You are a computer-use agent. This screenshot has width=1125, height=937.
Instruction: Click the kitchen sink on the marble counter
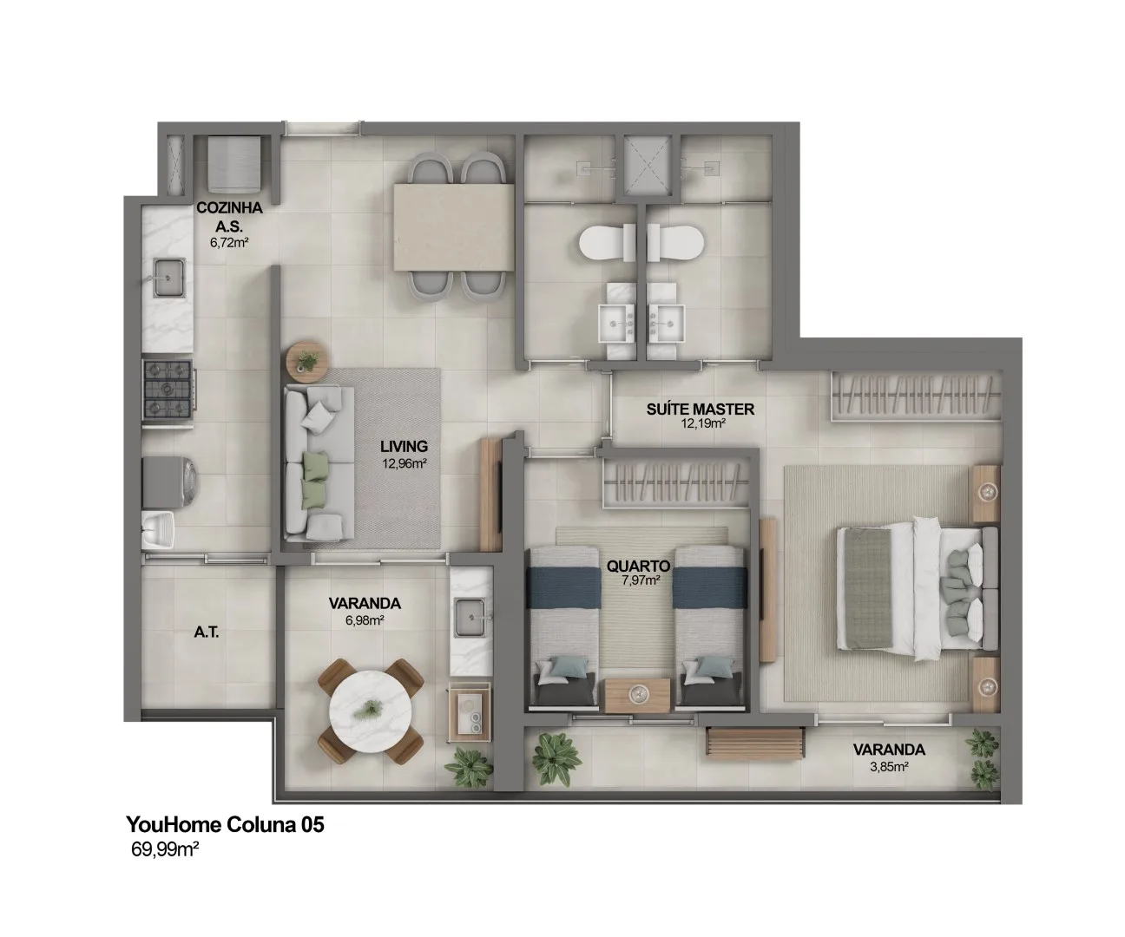pyautogui.click(x=170, y=278)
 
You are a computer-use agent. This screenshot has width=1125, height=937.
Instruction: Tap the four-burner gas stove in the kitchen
pyautogui.click(x=168, y=390)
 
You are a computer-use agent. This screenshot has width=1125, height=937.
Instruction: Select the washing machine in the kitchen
pyautogui.click(x=170, y=482)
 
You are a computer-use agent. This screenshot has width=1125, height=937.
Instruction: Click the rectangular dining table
pyautogui.click(x=454, y=226)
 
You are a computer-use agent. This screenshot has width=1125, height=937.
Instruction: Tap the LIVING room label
pyautogui.click(x=405, y=446)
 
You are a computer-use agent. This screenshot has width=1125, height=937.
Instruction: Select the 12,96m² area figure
pyautogui.click(x=405, y=463)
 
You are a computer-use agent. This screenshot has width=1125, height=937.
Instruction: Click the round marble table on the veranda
pyautogui.click(x=371, y=711)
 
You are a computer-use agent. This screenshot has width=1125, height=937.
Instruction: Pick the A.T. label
pyautogui.click(x=207, y=632)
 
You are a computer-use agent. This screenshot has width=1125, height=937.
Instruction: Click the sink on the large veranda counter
pyautogui.click(x=471, y=617)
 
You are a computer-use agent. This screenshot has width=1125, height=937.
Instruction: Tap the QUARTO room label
pyautogui.click(x=639, y=566)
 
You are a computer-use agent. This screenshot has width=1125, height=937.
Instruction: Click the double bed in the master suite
pyautogui.click(x=917, y=588)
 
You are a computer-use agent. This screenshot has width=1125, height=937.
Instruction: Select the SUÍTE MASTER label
pyautogui.click(x=701, y=410)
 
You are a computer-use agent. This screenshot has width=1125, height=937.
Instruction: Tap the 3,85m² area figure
pyautogui.click(x=890, y=766)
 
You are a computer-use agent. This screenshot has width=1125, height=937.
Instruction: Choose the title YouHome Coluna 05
pyautogui.click(x=225, y=824)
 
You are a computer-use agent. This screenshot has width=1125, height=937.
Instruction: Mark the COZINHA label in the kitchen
pyautogui.click(x=229, y=208)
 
